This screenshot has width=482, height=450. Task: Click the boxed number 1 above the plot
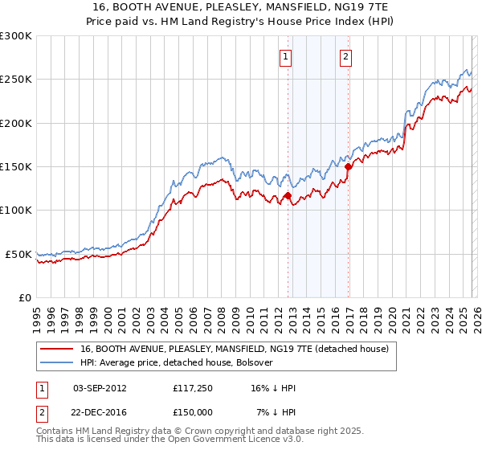pos(287,56)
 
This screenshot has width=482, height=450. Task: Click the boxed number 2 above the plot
pos(345,56)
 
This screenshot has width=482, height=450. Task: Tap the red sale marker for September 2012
pos(288,195)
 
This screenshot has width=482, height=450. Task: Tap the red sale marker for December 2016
pos(349,167)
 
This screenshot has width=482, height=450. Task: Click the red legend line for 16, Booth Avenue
pos(58,349)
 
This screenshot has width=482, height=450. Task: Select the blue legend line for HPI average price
pos(58,363)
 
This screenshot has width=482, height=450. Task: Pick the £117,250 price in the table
pos(190,388)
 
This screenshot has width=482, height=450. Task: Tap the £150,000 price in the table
pos(190,411)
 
